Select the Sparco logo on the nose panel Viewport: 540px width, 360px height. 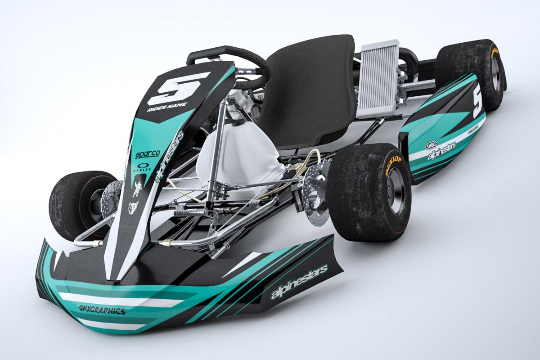[147, 154]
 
